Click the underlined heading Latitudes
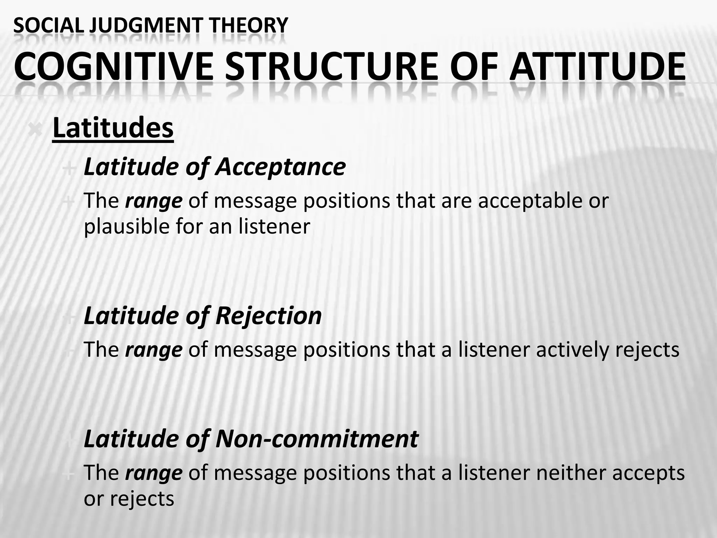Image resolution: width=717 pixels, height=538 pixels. tap(113, 129)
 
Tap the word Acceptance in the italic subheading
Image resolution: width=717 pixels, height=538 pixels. tap(280, 167)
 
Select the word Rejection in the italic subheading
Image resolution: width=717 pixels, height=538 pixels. tap(269, 316)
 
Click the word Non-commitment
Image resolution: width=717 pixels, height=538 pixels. tap(317, 439)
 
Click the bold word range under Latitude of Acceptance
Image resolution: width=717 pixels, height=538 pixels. tap(154, 201)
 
